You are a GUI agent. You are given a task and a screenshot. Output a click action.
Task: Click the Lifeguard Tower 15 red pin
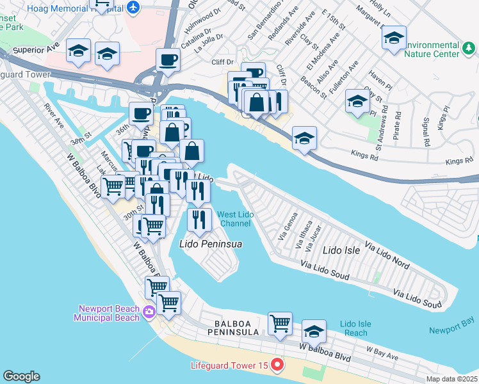coord(277,365)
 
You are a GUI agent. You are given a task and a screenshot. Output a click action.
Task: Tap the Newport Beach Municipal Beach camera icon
coord(149,312)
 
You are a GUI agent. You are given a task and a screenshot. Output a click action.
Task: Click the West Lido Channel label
coord(235,219)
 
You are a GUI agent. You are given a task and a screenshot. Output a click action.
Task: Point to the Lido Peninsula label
coord(206,244)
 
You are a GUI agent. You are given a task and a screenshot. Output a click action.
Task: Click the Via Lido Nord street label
coord(387,255)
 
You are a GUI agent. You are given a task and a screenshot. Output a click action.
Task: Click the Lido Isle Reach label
coord(354,328)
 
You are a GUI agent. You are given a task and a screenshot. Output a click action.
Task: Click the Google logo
coord(21,376)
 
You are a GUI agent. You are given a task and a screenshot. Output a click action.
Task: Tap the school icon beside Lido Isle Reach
coord(313,332)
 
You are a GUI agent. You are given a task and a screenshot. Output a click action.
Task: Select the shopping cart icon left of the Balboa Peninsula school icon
coord(280,324)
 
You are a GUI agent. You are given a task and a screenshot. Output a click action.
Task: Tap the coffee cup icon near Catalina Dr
coord(168,60)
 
